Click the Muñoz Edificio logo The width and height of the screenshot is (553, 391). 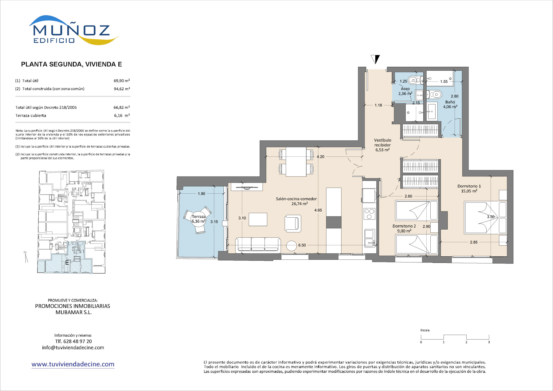73,30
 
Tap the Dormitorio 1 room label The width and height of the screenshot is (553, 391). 469,188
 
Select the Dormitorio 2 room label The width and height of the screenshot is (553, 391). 404,228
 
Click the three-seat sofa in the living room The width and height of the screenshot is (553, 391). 258,245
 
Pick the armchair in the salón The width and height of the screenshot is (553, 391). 293,223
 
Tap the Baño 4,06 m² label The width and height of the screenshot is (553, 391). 450,104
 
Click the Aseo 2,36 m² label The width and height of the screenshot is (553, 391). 405,91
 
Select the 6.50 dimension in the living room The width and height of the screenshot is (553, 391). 302,245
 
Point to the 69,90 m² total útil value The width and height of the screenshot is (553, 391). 122,81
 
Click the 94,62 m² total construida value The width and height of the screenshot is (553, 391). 122,89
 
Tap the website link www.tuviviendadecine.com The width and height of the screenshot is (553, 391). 73,364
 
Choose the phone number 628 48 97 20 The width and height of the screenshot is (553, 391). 77,341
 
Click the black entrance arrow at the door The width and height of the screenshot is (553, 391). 375,59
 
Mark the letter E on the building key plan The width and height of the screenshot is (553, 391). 67,263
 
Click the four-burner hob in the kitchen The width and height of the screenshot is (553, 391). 369,214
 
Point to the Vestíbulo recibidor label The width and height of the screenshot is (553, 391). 382,145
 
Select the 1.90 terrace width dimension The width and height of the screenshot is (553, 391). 201,194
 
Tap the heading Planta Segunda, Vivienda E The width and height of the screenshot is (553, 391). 72,64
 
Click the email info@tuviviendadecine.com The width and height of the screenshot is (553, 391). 73,348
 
